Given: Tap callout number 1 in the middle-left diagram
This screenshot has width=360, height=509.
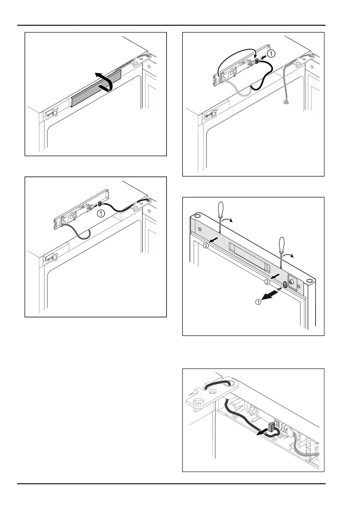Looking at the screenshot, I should click(101, 213).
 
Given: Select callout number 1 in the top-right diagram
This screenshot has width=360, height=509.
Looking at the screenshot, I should click(272, 54).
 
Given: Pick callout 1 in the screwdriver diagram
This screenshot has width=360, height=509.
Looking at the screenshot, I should click(258, 302).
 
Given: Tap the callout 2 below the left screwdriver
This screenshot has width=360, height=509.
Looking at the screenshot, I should click(206, 245).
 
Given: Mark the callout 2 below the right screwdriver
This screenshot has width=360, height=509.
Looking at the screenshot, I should click(267, 282).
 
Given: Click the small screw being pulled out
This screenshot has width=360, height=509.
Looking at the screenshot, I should click(280, 289).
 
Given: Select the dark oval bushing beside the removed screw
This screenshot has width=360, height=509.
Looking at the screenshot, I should click(285, 284).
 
